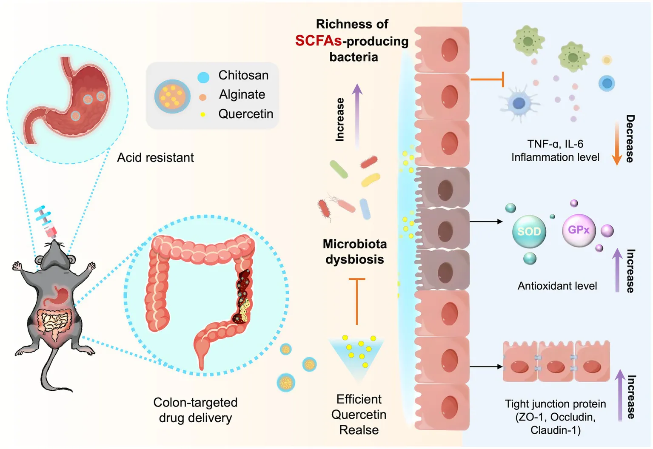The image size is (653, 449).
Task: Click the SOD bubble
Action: click(529, 232)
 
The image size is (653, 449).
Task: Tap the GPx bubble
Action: click(579, 230)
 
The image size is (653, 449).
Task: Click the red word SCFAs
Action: click(318, 41)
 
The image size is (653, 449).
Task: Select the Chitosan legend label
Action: click(243, 75)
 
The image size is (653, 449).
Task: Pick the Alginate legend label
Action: click(242, 94)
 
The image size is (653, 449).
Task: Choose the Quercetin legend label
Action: click(245, 114)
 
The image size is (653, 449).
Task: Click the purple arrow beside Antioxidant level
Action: click(617, 270)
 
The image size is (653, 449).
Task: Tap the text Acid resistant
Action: click(155, 158)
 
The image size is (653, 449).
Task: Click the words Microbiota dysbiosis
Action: click(355, 252)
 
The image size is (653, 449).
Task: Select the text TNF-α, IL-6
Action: click(555, 144)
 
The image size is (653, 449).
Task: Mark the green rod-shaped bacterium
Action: click(339, 169)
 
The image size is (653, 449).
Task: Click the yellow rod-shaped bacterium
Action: click(371, 179)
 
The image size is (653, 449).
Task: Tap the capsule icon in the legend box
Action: click(172, 97)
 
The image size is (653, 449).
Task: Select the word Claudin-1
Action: click(555, 430)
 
